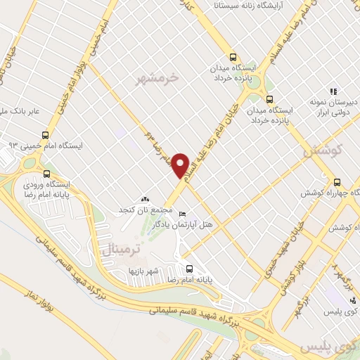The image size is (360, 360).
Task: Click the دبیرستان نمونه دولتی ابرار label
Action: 331,106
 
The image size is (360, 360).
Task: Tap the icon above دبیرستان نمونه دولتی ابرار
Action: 334,91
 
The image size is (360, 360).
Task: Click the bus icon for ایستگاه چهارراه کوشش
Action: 337,181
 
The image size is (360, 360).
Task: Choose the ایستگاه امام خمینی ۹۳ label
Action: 36,145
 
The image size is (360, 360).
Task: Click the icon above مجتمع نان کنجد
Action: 146,200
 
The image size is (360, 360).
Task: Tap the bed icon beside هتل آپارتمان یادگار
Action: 183,214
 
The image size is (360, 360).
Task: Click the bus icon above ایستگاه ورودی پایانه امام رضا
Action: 47,173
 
